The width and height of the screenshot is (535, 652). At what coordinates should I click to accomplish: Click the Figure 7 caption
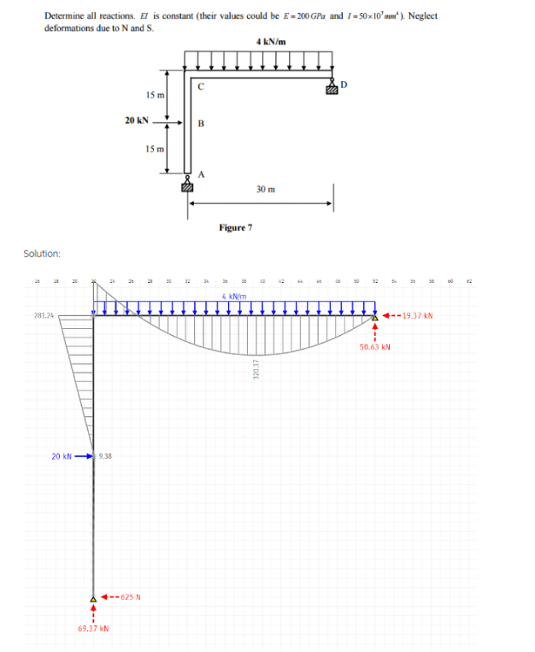point(235,227)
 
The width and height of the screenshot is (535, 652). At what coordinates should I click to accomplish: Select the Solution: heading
point(42,254)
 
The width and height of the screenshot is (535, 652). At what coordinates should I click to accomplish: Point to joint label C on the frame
point(201,85)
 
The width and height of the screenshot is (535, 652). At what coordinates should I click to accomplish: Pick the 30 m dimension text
point(265,190)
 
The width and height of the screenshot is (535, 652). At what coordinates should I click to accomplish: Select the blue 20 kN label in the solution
point(62,456)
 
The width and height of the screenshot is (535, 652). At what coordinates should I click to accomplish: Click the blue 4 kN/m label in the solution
point(234,296)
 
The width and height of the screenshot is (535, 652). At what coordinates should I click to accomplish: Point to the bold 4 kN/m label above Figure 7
point(271,42)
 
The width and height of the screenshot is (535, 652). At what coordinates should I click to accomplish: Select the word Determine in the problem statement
point(62,16)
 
